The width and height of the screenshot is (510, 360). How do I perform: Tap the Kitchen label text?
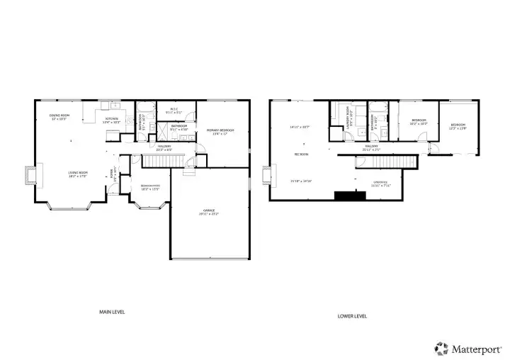click(112, 120)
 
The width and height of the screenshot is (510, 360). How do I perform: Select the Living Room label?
click(77, 174)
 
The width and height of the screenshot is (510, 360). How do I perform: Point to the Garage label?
click(209, 212)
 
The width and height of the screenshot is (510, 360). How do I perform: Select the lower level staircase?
click(386, 162)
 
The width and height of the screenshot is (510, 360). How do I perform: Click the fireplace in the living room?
click(30, 176)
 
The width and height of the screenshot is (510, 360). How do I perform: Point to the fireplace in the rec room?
click(267, 176)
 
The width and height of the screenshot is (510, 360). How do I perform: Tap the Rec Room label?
click(301, 154)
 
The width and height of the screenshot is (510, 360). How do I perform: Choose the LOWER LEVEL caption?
click(351, 316)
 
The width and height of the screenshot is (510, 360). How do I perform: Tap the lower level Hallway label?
click(372, 148)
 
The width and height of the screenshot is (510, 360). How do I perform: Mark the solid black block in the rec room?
click(346, 196)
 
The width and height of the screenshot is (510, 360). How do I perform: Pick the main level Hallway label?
click(164, 147)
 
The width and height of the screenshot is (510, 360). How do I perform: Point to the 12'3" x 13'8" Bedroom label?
click(457, 127)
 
